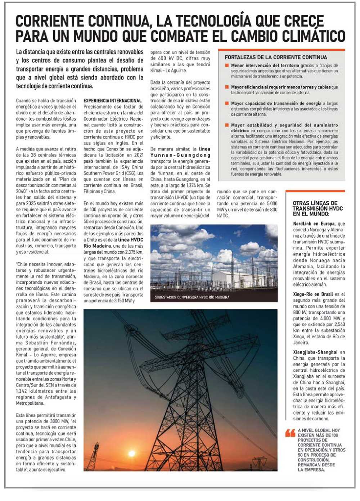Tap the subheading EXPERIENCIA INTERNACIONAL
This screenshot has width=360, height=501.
click(113, 101)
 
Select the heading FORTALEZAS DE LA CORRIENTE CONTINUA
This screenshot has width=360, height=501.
click(276, 57)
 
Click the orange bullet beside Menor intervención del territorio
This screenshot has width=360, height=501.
click(227, 66)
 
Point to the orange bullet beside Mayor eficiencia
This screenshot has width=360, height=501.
click(227, 87)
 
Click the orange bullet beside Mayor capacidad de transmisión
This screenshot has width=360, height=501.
click(227, 103)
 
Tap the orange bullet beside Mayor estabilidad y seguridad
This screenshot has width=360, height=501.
click(227, 125)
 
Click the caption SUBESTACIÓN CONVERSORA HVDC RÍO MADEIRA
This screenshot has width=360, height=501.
click(192, 297)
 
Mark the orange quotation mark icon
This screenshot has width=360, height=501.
click(290, 433)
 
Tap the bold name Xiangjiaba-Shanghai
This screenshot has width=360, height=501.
click(315, 352)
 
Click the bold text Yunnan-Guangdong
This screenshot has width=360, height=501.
click(180, 155)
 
